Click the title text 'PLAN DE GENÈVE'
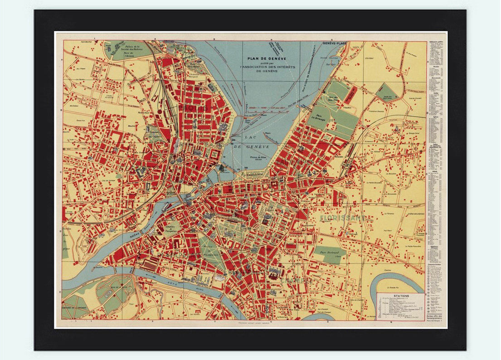point(259,58)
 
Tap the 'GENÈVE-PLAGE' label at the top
point(335,44)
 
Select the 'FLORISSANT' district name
point(345,218)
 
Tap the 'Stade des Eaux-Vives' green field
point(386,92)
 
